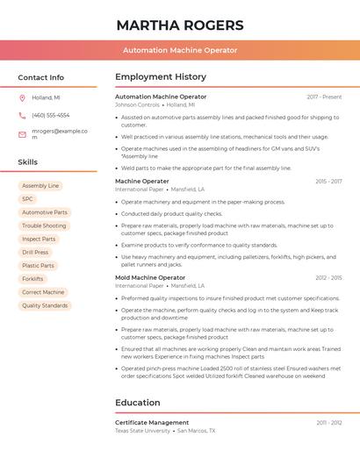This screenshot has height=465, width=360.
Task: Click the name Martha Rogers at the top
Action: tap(179, 25)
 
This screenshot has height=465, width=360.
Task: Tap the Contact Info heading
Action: tap(40, 77)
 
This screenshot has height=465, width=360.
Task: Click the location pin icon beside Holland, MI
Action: tap(22, 97)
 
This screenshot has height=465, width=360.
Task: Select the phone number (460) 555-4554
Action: tap(50, 115)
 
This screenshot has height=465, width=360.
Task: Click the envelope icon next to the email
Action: tap(22, 134)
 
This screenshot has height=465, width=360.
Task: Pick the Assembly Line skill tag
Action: tap(40, 186)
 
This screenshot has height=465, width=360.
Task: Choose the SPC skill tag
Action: tap(27, 199)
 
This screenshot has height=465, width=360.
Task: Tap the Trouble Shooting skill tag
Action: tap(44, 225)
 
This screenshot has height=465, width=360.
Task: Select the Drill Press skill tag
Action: tap(35, 252)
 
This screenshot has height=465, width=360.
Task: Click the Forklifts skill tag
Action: tap(32, 279)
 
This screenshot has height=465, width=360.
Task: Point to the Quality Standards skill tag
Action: tap(45, 305)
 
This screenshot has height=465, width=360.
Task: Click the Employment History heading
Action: tap(161, 77)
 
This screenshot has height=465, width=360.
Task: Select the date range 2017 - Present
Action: tap(324, 97)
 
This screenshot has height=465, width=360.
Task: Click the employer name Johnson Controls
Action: tap(137, 104)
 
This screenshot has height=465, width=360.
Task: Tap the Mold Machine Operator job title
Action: tap(150, 277)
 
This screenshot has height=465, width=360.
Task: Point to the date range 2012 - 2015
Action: tap(328, 277)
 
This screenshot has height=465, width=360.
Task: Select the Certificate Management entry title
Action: tap(152, 422)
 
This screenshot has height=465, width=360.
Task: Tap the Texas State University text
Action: tap(142, 431)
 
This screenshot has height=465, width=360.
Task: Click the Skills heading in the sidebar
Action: tap(27, 162)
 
